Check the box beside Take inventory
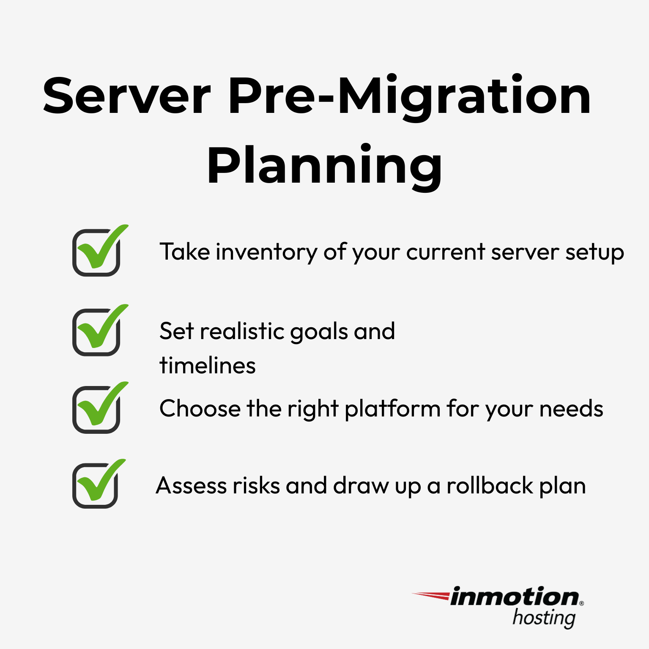click(96, 253)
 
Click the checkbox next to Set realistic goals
click(96, 332)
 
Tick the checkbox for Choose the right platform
click(96, 410)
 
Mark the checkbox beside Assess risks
click(95, 486)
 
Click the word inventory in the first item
click(266, 252)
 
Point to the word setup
click(594, 252)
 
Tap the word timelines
click(208, 366)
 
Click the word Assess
click(191, 486)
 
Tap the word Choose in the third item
click(200, 409)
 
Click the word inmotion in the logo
click(515, 597)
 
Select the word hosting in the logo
click(544, 618)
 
